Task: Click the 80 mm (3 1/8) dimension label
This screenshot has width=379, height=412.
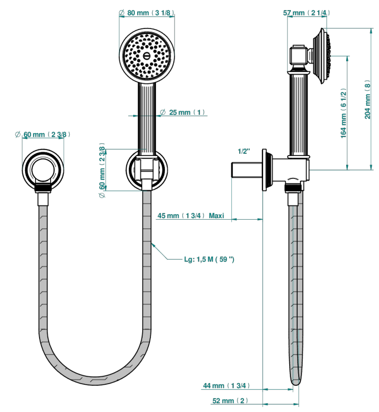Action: (x=147, y=13)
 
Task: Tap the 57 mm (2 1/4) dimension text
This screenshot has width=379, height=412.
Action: (x=307, y=13)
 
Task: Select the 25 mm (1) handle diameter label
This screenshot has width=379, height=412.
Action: (x=183, y=112)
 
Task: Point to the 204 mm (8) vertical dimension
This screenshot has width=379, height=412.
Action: (x=367, y=99)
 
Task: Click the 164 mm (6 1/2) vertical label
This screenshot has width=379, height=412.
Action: (x=343, y=113)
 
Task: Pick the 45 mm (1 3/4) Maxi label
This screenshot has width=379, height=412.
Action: (x=191, y=216)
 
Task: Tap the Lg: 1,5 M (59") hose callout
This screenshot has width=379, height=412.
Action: (x=209, y=259)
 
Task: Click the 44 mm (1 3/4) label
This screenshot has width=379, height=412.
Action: (x=226, y=386)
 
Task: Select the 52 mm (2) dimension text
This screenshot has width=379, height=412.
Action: (x=230, y=401)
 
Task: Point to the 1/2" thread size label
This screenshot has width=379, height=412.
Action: (x=244, y=151)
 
